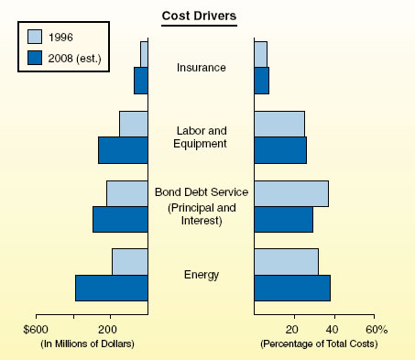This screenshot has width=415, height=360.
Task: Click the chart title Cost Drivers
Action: (x=200, y=16)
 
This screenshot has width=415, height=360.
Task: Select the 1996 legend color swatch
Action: (x=35, y=38)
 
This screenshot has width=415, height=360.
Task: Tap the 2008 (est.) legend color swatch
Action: (x=35, y=58)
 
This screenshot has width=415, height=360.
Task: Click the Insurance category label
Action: (x=201, y=68)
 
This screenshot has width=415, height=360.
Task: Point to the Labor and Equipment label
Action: (x=201, y=136)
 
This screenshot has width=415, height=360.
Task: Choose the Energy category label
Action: (x=201, y=275)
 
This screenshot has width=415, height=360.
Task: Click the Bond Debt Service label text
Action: (x=201, y=192)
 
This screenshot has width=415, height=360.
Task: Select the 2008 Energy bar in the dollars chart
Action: (x=111, y=288)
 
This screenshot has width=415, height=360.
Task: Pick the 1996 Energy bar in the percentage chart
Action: (x=286, y=261)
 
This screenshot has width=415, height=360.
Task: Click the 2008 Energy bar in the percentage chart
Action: (x=291, y=288)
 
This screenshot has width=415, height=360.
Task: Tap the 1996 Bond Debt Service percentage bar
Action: (x=290, y=193)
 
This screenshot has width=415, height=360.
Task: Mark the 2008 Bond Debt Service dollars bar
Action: (x=120, y=219)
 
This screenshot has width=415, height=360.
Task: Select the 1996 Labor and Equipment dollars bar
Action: (x=133, y=124)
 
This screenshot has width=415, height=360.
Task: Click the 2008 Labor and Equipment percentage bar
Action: (x=279, y=150)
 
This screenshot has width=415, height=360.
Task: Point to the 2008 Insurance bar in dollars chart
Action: (x=140, y=81)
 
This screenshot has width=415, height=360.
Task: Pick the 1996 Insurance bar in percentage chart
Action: (x=260, y=54)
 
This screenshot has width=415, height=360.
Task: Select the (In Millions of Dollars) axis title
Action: (x=88, y=344)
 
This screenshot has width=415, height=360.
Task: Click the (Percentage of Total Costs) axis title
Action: (x=318, y=344)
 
